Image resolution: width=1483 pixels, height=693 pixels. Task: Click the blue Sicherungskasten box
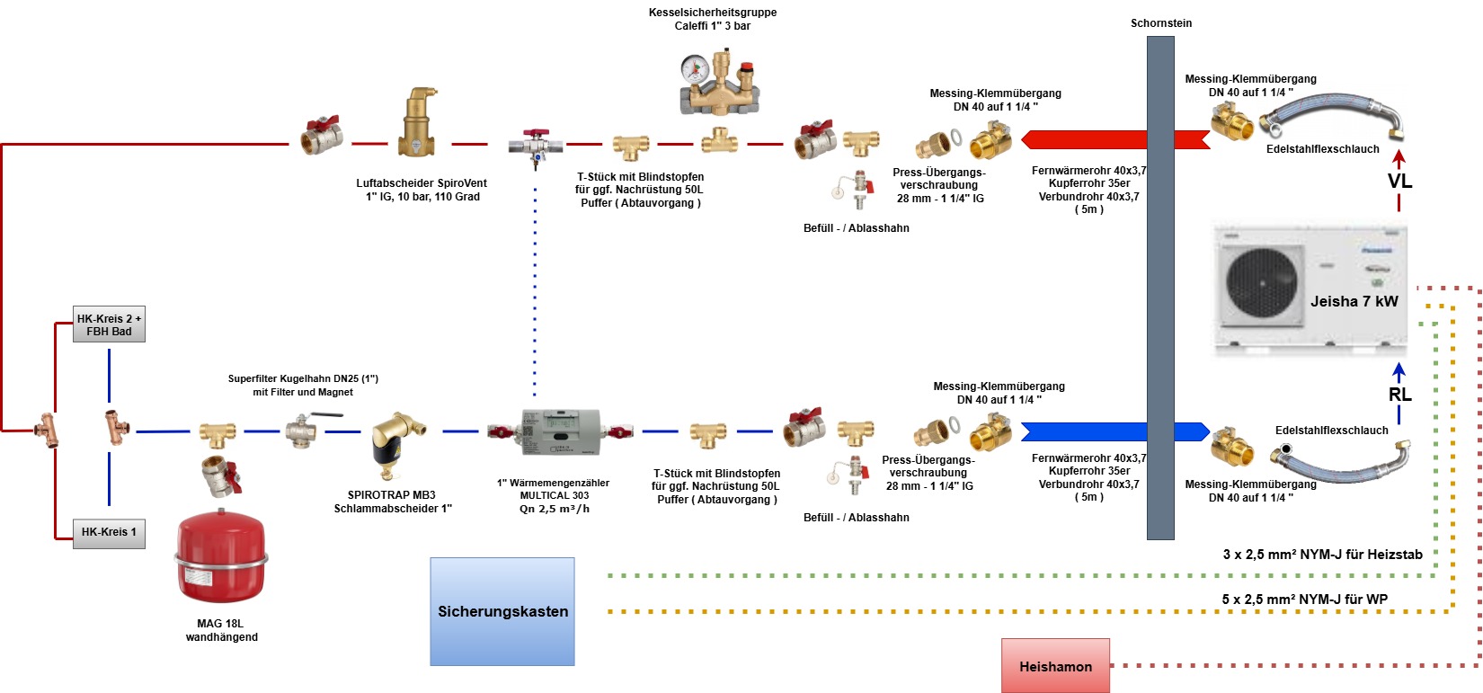tap(502, 611)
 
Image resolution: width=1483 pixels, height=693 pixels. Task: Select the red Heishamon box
tap(1055, 666)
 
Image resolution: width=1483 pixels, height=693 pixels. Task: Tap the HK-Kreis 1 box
tap(109, 532)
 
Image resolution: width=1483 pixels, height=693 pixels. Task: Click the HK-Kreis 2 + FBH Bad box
tap(109, 324)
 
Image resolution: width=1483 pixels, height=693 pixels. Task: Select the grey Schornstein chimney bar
tap(1160, 288)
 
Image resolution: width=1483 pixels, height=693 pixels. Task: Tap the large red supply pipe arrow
tap(1088, 140)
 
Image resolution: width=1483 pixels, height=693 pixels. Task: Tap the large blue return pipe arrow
tap(1088, 431)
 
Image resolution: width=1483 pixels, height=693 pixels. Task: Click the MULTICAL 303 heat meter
tap(560, 431)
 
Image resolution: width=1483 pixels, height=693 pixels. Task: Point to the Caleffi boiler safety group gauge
tap(694, 68)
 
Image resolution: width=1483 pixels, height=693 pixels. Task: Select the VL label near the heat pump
tap(1399, 182)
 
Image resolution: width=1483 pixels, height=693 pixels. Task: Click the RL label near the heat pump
tap(1399, 395)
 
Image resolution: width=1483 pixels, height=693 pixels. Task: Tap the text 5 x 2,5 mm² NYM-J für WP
tap(1304, 600)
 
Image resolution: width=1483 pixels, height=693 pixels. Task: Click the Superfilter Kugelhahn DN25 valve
tap(303, 429)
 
